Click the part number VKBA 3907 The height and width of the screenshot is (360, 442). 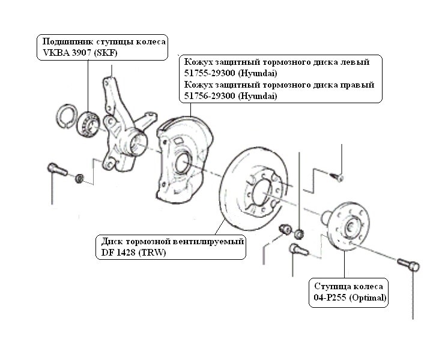pyautogui.click(x=66, y=53)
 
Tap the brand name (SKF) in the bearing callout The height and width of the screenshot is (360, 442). pyautogui.click(x=105, y=53)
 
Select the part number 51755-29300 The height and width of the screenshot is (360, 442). pyautogui.click(x=210, y=73)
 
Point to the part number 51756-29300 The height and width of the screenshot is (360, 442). pyautogui.click(x=210, y=96)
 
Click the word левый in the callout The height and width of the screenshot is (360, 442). pyautogui.click(x=355, y=62)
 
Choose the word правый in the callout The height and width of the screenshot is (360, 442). pyautogui.click(x=358, y=85)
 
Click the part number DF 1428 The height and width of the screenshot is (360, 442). pyautogui.click(x=118, y=253)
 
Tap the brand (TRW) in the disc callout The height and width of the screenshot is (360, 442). pyautogui.click(x=152, y=253)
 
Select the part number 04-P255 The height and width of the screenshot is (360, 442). pyautogui.click(x=330, y=298)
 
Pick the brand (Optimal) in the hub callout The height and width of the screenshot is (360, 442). pyautogui.click(x=368, y=298)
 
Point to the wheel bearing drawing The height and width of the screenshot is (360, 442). pyautogui.click(x=88, y=123)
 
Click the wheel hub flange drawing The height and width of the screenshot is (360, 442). pyautogui.click(x=349, y=226)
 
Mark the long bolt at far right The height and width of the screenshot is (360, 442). pyautogui.click(x=409, y=265)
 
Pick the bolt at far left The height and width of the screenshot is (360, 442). pyautogui.click(x=57, y=169)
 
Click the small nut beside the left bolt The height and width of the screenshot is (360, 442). pyautogui.click(x=79, y=178)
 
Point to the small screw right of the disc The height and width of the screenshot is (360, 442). pyautogui.click(x=337, y=177)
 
